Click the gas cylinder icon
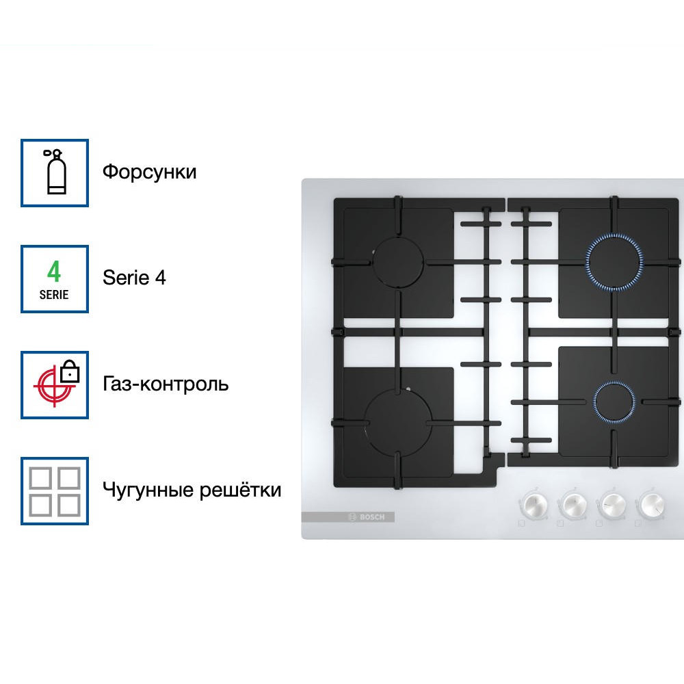(55, 172)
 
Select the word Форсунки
(149, 171)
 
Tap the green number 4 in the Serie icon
(54, 272)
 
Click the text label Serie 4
(134, 278)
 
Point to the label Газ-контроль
(166, 384)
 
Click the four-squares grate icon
(55, 491)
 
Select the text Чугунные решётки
(192, 490)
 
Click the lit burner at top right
(614, 262)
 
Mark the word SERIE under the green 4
(54, 295)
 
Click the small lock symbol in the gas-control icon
(70, 373)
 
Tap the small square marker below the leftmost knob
(521, 524)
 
